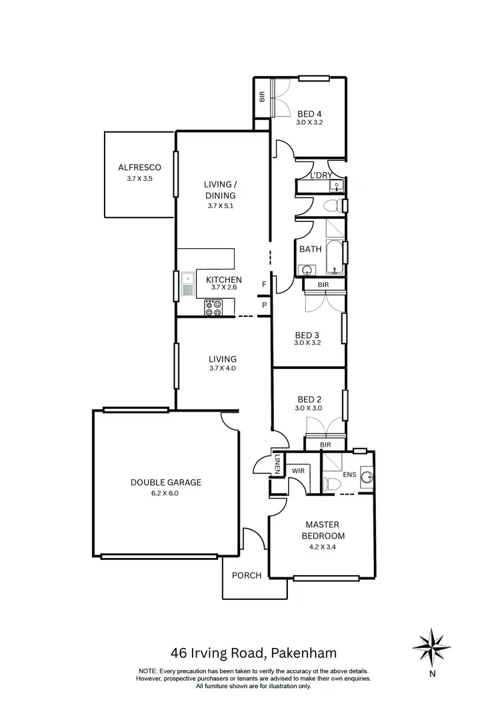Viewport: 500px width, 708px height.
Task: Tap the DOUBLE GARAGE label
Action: pyautogui.click(x=166, y=482)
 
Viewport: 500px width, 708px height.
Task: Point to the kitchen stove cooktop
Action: pyautogui.click(x=215, y=308)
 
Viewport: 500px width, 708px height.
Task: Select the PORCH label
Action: pyautogui.click(x=246, y=576)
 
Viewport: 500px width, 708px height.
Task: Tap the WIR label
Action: pyautogui.click(x=298, y=470)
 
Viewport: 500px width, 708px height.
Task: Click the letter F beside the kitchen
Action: pyautogui.click(x=265, y=285)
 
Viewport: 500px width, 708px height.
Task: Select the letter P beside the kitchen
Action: pyautogui.click(x=265, y=306)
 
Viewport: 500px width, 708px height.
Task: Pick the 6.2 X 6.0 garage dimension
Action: pyautogui.click(x=166, y=494)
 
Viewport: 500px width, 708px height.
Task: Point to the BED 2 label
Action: pyautogui.click(x=307, y=398)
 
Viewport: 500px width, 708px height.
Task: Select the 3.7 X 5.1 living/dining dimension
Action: pyautogui.click(x=221, y=206)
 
